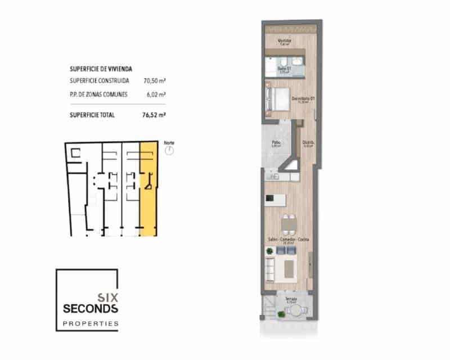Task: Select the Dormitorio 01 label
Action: [302, 100]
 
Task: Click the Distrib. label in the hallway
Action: [308, 143]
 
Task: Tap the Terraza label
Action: [290, 299]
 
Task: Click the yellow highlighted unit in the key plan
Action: [148, 188]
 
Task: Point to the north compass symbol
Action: [169, 150]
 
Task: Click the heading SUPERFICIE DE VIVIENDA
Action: [101, 69]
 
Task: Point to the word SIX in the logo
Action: [107, 296]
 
